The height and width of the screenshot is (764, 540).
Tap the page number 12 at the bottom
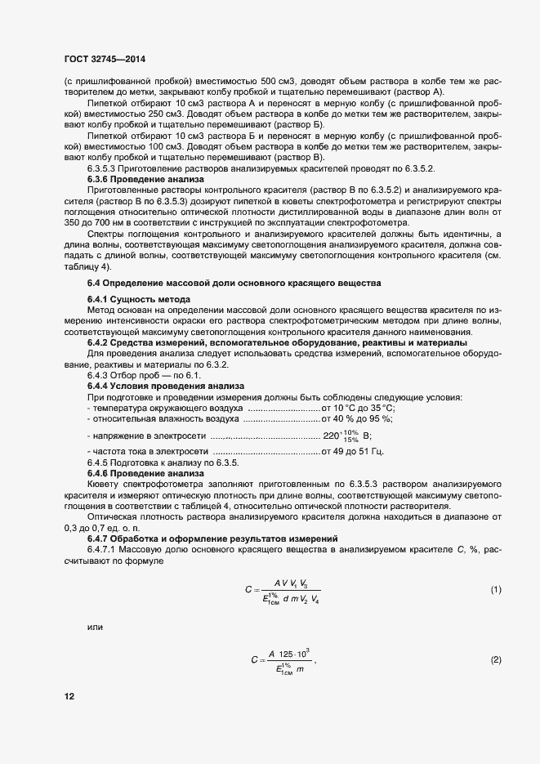[69, 696]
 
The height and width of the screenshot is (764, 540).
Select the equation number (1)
[495, 589]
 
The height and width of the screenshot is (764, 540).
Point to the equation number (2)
[495, 659]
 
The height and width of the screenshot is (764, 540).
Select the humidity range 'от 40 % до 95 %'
[358, 418]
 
